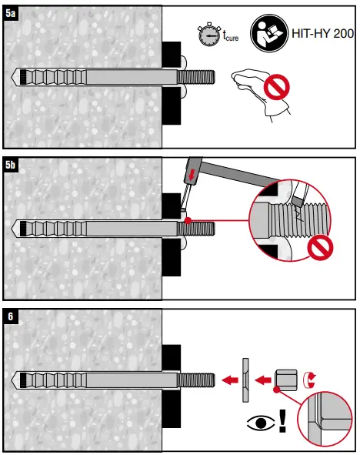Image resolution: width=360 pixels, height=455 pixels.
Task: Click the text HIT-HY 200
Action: tap(322, 34)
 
